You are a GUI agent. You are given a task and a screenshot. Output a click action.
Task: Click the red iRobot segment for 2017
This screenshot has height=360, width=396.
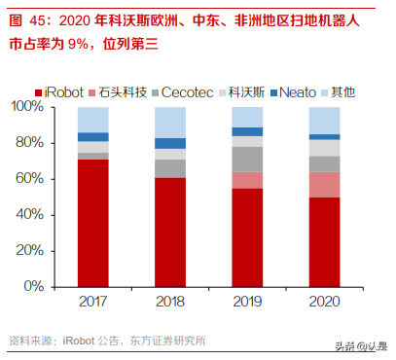tap(93, 209)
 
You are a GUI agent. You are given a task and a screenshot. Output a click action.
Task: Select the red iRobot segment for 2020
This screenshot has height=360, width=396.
tap(325, 242)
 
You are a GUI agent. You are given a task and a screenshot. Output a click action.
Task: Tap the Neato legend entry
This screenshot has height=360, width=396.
tap(296, 92)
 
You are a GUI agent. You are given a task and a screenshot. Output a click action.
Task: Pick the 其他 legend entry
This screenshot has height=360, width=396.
tap(337, 92)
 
